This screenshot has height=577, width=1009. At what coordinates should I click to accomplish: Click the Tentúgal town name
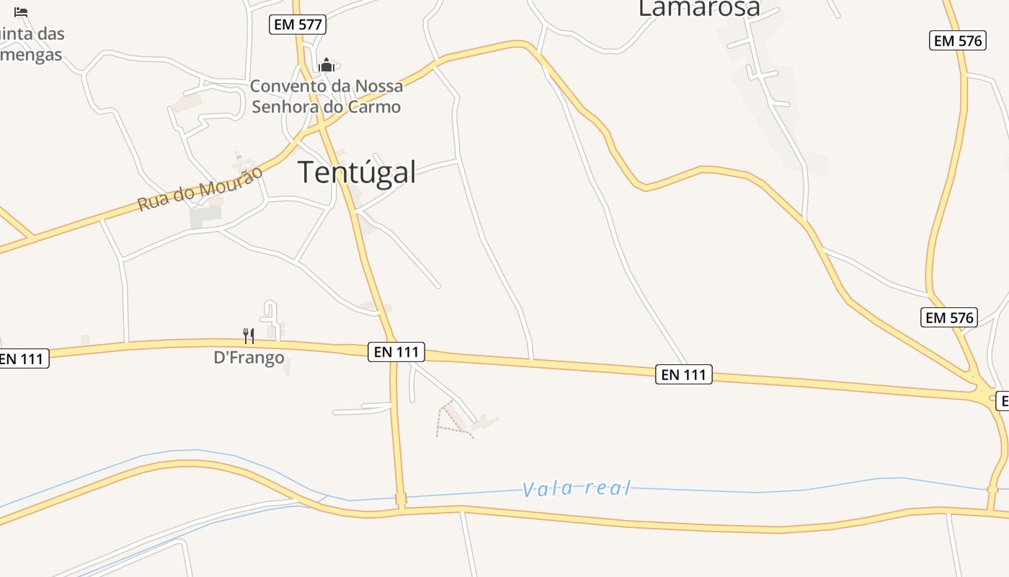coord(357,173)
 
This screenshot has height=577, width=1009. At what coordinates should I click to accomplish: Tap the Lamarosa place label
coord(699,8)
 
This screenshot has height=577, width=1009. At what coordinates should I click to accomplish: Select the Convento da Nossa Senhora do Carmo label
coord(326,96)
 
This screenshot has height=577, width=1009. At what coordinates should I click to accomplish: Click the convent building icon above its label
coord(326,65)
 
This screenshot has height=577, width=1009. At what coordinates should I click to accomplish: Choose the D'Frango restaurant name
coord(249,358)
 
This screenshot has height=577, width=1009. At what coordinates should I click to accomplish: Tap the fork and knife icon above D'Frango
coord(249,335)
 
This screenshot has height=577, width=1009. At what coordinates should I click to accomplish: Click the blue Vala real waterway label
coord(577,489)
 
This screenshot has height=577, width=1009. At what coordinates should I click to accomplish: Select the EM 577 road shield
coord(298,25)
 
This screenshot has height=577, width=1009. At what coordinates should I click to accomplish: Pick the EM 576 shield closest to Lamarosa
coord(957,41)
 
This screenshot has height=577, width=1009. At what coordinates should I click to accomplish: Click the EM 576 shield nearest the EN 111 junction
coord(948,317)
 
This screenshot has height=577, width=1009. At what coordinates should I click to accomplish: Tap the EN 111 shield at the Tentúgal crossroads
coord(396,352)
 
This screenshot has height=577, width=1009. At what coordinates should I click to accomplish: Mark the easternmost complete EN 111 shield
coord(683,374)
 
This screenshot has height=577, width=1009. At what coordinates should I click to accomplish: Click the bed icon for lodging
coord(21,12)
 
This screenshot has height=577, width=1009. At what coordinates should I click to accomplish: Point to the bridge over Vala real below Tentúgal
coord(401,499)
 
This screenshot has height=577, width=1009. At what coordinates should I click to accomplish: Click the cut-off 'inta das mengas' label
coord(32,44)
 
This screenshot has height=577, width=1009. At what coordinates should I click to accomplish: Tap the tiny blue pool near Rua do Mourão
coord(239,157)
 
